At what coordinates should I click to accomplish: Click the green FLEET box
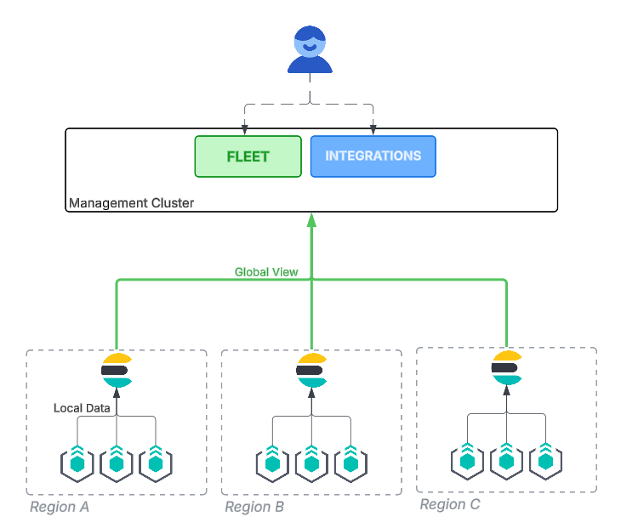[248, 156]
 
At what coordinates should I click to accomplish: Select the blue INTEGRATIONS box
[373, 156]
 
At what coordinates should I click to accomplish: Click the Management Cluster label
[131, 203]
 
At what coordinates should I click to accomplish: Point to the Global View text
[266, 272]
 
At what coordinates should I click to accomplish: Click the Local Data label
[82, 408]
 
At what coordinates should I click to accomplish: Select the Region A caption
[60, 508]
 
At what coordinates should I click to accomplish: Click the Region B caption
[254, 508]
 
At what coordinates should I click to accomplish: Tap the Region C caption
[450, 505]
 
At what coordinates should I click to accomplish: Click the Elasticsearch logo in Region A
[116, 370]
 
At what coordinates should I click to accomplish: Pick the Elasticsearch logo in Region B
[311, 370]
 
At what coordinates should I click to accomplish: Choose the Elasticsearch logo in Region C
[506, 367]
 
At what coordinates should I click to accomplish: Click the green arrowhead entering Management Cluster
[311, 219]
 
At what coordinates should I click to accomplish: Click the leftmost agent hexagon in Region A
[77, 463]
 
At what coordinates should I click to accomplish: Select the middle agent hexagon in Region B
[311, 463]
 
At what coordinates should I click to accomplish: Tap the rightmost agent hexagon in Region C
[545, 460]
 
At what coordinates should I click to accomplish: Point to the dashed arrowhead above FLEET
[245, 130]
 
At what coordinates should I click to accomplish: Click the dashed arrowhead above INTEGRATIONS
[373, 130]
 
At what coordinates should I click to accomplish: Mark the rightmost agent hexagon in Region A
[155, 463]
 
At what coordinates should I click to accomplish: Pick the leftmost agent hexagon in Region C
[467, 460]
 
